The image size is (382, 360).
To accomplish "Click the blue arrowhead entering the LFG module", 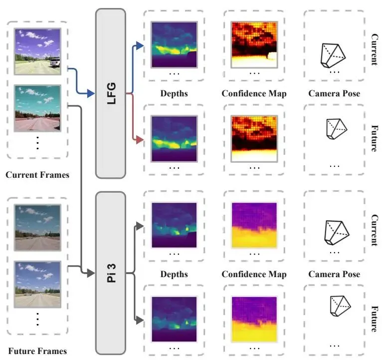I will pos(91,93).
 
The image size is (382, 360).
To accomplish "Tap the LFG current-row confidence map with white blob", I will pos(253,44).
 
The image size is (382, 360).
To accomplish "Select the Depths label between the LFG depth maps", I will pos(174,93).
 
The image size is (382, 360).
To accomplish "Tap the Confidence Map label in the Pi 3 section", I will pos(254,274).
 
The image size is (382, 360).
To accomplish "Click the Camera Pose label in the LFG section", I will pos(334,93).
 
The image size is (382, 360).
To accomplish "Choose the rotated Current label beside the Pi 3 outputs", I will pos(375,230).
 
